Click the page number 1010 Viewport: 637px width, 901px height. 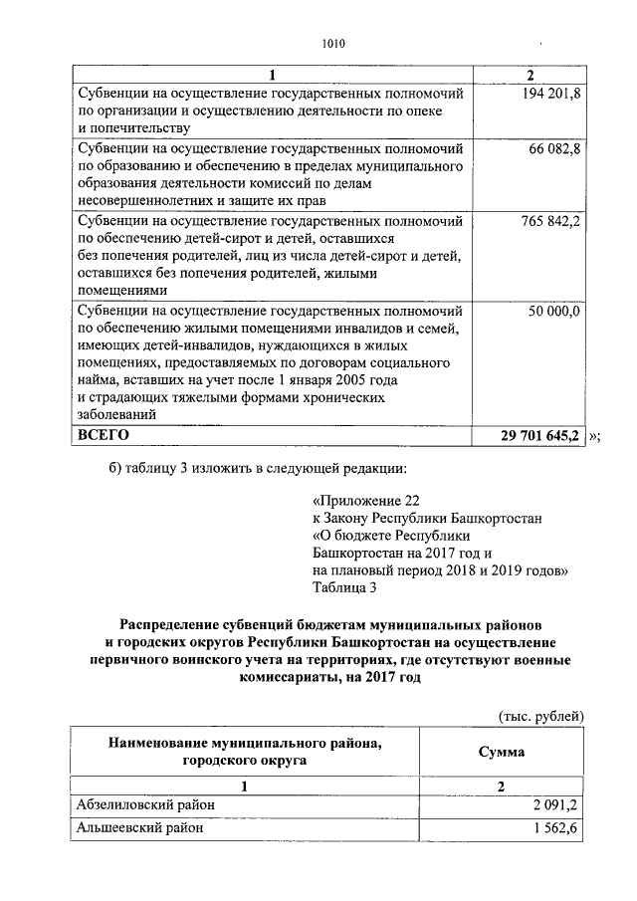point(332,42)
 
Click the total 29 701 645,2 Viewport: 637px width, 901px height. point(540,436)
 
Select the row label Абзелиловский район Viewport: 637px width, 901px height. point(144,805)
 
